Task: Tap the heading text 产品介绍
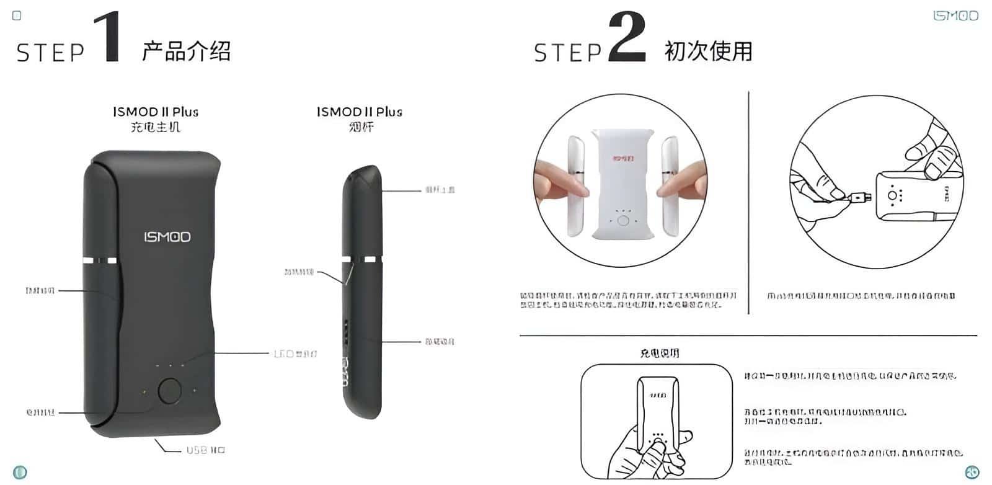click(x=186, y=51)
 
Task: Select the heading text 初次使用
click(x=708, y=51)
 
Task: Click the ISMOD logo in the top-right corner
click(x=955, y=16)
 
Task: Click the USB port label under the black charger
click(x=205, y=450)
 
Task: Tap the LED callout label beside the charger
click(x=295, y=354)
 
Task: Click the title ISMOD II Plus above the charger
click(x=156, y=112)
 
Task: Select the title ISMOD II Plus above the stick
click(x=360, y=112)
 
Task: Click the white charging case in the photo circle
click(x=621, y=186)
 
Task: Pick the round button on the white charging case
click(x=624, y=221)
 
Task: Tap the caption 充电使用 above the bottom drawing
click(x=659, y=353)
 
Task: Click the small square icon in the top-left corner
click(x=17, y=16)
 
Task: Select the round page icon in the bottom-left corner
click(x=20, y=472)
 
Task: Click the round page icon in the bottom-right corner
click(x=972, y=471)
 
